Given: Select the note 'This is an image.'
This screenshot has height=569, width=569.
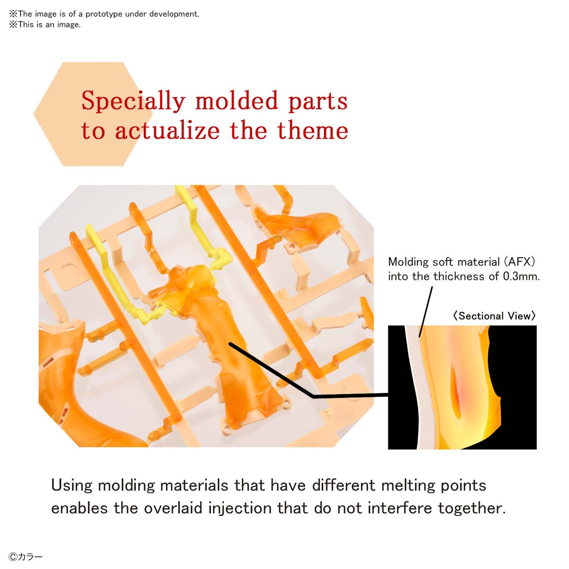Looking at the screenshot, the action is [45, 24].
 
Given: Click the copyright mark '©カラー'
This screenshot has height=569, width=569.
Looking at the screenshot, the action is [26, 557].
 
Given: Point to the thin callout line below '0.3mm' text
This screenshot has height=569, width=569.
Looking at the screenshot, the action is [426, 311].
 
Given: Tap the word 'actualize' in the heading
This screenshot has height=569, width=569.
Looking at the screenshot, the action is [167, 130].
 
